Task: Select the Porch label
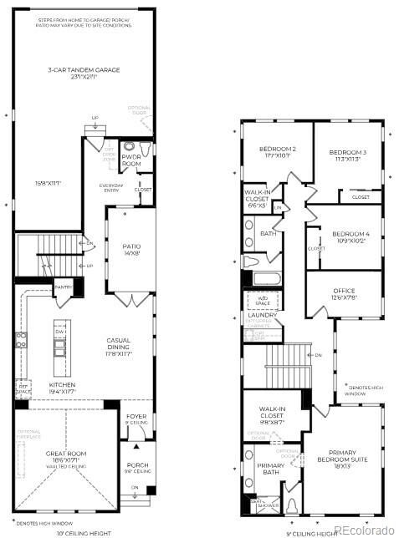click(136, 468)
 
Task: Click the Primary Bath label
click(270, 469)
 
